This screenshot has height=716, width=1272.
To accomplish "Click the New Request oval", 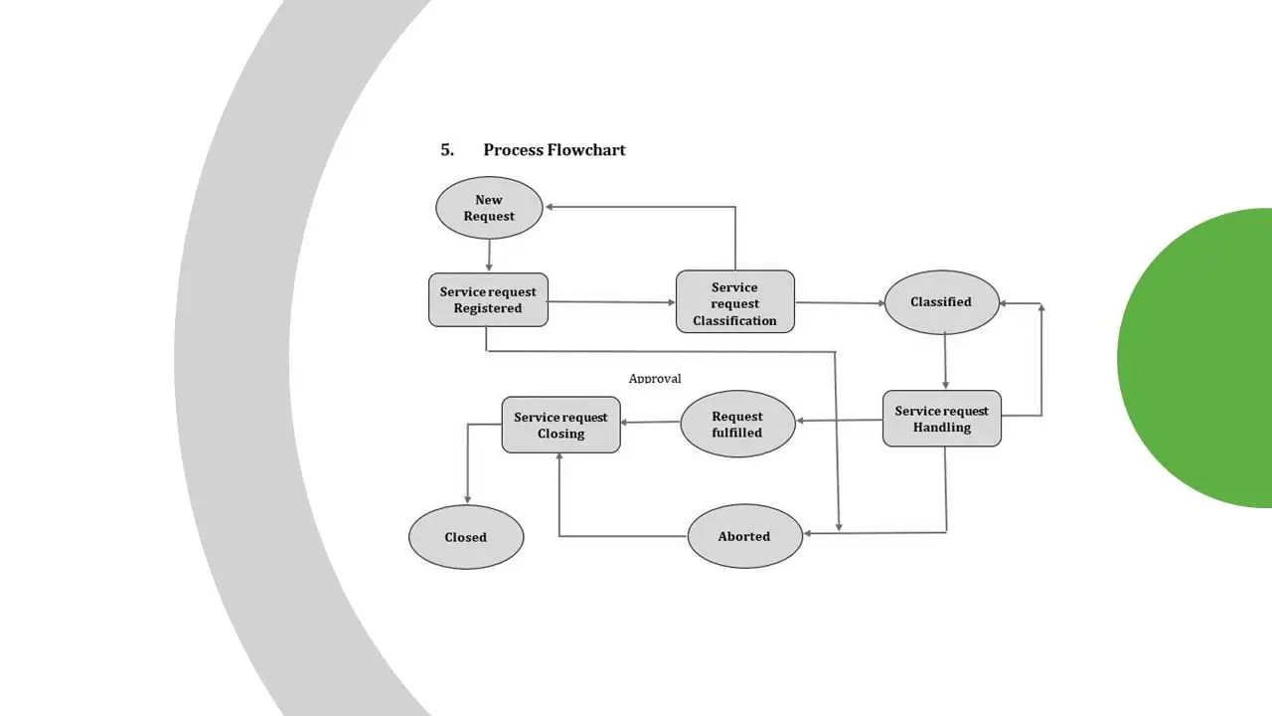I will (x=489, y=208).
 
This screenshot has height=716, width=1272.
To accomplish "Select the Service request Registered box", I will (x=488, y=299).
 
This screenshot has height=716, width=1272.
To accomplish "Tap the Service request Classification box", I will (x=734, y=301).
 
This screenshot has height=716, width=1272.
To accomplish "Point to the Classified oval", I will (x=941, y=301).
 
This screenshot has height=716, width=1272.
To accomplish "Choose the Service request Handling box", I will (x=941, y=419).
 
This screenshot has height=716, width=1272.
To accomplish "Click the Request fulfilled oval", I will (x=737, y=424).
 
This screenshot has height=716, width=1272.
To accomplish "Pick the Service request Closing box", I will (x=560, y=425).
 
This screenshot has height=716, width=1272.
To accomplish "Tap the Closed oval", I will (x=465, y=537).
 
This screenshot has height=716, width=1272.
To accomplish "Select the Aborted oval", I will (x=744, y=536).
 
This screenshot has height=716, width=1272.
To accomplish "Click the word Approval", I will (x=655, y=379).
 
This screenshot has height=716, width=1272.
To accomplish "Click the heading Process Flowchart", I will (x=555, y=150).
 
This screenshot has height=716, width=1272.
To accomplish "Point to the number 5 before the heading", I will (x=447, y=150).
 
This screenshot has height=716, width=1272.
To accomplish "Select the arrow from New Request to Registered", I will (x=489, y=256).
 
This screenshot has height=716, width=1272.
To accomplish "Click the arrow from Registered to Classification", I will (x=611, y=301).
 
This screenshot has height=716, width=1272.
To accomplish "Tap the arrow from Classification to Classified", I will (x=840, y=302).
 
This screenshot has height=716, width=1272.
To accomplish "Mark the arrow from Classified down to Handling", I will (x=945, y=361).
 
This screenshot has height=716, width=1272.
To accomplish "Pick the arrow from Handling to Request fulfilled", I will (x=840, y=420).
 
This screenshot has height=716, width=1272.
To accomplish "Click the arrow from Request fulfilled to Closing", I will (x=650, y=422).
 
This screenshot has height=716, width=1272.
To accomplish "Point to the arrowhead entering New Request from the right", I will (x=551, y=207).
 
